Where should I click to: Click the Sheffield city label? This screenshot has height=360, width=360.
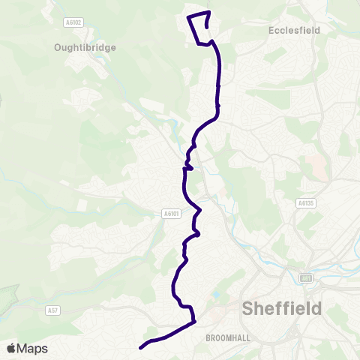[x=282, y=308]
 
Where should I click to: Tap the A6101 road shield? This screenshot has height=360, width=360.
[x=172, y=213]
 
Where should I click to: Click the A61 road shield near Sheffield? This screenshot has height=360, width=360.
[x=306, y=278]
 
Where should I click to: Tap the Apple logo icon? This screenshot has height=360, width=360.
[x=11, y=348]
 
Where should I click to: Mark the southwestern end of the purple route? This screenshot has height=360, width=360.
[x=140, y=348]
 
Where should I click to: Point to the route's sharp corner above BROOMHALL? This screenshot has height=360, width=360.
[x=194, y=322]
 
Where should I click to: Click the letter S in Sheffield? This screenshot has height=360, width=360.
[x=248, y=308]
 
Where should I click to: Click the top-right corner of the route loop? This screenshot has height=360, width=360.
[x=209, y=12]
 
